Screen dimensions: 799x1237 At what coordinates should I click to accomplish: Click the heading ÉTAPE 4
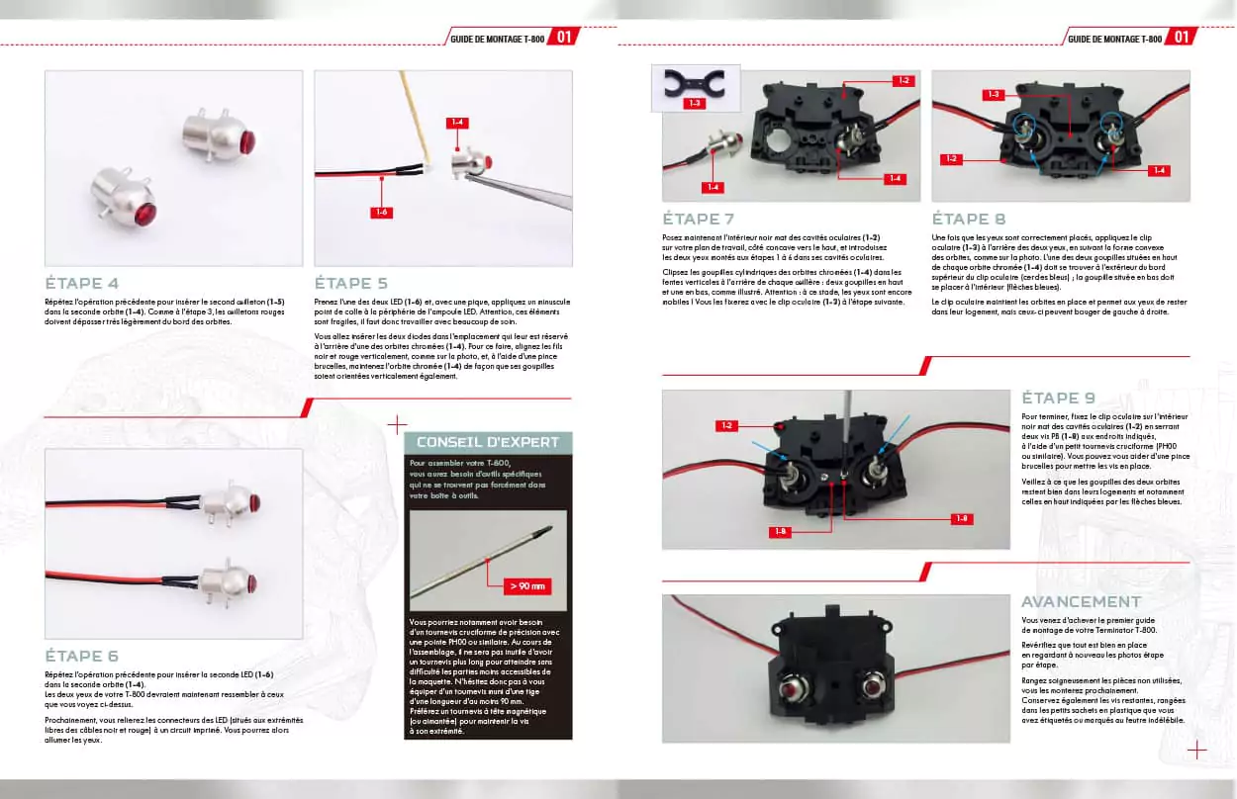[82, 282]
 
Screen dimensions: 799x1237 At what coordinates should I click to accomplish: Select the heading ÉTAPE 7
[699, 219]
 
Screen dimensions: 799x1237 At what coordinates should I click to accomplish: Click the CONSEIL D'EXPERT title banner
[488, 442]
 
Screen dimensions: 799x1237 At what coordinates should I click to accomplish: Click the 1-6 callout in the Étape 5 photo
[381, 212]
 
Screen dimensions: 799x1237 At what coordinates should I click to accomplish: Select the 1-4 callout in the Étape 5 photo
[456, 123]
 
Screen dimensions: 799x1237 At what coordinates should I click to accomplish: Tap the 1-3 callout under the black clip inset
[695, 102]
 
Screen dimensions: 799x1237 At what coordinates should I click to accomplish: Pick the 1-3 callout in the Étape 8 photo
[995, 94]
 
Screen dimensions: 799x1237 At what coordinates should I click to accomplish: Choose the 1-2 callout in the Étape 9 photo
[726, 425]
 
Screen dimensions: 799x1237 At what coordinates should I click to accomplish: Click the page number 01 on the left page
[563, 38]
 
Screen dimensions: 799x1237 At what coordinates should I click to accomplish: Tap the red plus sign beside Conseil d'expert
[397, 425]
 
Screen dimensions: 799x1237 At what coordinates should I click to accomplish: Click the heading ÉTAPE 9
[1058, 398]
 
